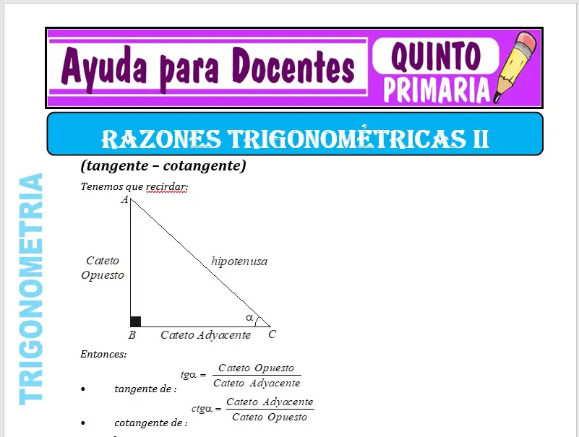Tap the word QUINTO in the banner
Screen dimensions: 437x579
click(435, 56)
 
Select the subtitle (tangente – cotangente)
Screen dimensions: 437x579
click(163, 166)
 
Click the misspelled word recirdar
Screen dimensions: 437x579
click(166, 187)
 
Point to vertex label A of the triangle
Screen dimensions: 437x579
click(124, 199)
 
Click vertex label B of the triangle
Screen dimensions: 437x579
click(132, 335)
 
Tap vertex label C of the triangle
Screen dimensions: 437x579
click(272, 334)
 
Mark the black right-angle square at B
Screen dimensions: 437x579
click(135, 321)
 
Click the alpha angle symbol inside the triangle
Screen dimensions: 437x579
click(249, 317)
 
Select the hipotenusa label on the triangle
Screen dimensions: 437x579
click(239, 261)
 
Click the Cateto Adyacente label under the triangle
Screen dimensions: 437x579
click(205, 335)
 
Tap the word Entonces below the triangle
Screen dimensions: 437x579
click(103, 354)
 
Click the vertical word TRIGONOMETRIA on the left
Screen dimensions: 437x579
click(30, 289)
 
